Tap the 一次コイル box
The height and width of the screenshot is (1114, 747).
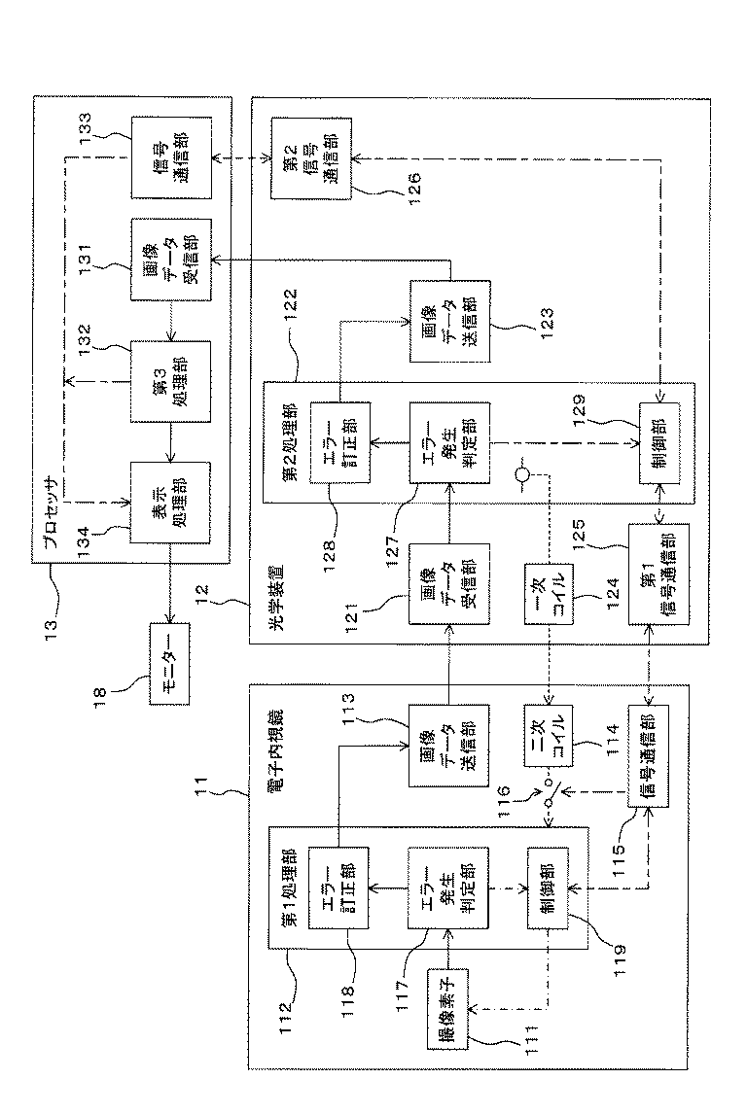pyautogui.click(x=545, y=594)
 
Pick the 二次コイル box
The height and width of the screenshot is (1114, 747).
pyautogui.click(x=545, y=735)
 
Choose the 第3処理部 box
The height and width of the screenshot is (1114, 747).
pyautogui.click(x=170, y=381)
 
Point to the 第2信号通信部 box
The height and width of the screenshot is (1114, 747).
pyautogui.click(x=311, y=157)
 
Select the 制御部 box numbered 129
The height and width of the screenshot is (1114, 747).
pyautogui.click(x=658, y=443)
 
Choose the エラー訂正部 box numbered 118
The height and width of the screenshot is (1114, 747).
pyautogui.click(x=338, y=888)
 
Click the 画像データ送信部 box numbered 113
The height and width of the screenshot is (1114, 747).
pyautogui.click(x=449, y=746)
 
